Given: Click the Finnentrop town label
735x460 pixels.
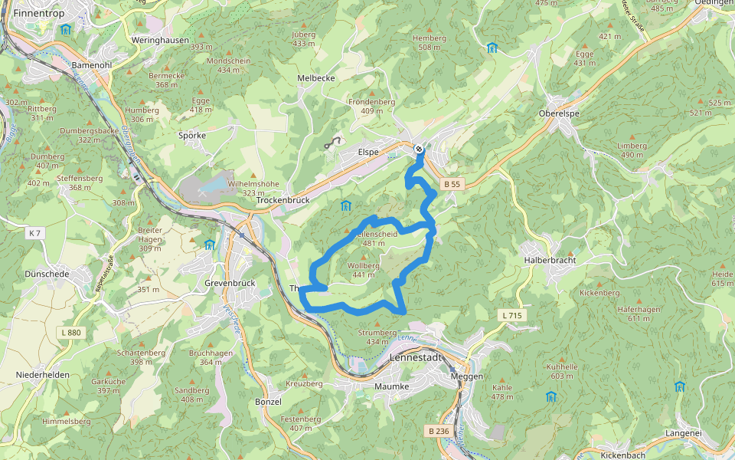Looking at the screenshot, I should click(37, 13).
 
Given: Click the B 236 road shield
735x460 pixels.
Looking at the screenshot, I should click(439, 431).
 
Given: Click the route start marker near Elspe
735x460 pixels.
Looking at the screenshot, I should click(419, 149).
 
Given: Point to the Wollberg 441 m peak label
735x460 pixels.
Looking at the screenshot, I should click(364, 270).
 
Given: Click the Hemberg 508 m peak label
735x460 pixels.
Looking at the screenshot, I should click(429, 42).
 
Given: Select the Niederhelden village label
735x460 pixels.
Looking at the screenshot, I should click(42, 375).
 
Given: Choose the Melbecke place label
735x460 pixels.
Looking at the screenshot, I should click(315, 78).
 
